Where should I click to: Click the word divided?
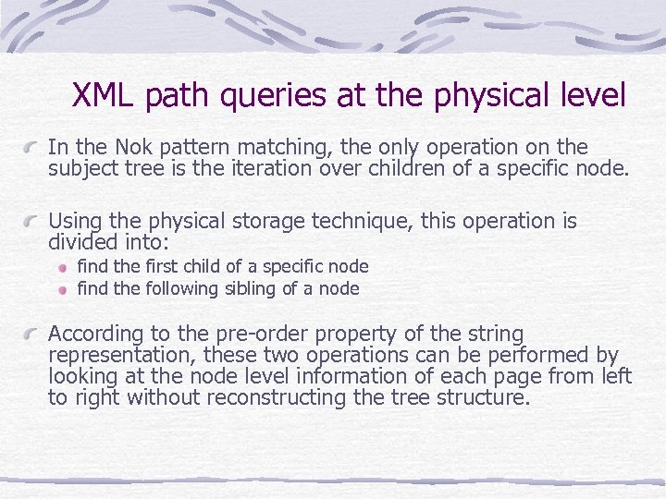(x=81, y=243)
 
